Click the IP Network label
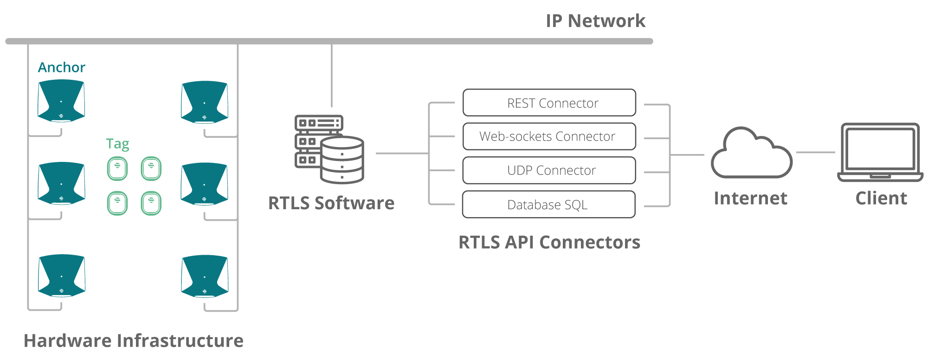point(595,21)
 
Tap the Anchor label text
point(62,68)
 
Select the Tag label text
point(117,144)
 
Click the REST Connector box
point(549,103)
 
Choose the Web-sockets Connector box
point(549,136)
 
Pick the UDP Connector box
point(549,170)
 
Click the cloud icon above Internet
point(752,153)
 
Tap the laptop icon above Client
point(880,152)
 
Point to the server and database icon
point(329,149)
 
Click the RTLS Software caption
point(331,203)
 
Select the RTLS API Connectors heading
point(549,242)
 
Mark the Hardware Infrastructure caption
point(134,341)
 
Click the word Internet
point(750,198)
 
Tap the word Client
point(881,198)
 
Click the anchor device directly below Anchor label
point(61,101)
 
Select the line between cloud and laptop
point(815,152)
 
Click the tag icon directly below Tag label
point(117,168)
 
